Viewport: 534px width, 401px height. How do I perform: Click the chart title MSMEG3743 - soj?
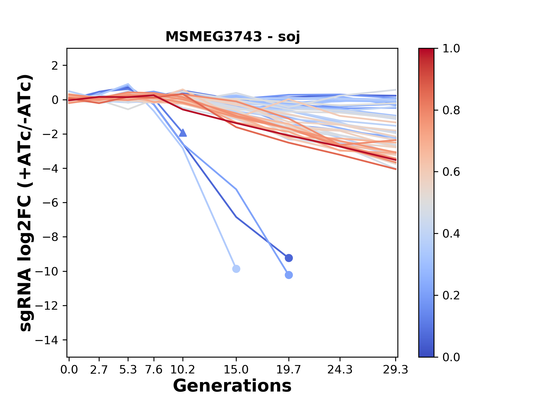(233, 37)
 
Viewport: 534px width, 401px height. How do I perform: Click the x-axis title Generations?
(232, 386)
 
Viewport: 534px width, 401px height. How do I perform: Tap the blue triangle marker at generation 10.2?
(183, 133)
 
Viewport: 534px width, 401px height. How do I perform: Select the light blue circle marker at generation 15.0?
(236, 269)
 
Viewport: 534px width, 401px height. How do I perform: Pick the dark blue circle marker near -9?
(289, 258)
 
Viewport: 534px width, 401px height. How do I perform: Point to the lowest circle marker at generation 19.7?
(289, 275)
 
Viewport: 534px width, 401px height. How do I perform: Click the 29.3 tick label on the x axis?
(396, 370)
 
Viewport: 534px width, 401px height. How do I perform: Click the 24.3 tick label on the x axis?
(340, 370)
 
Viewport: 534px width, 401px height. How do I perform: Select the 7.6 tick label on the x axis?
(154, 370)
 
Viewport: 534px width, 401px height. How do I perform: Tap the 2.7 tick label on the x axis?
(99, 370)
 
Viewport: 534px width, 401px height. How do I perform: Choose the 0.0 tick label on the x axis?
(69, 370)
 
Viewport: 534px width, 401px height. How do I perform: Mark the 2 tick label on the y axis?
(55, 66)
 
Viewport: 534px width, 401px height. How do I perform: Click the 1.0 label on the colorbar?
(451, 49)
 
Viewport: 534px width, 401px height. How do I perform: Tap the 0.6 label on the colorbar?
(451, 172)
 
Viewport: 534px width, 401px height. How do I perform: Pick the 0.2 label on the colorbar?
(451, 295)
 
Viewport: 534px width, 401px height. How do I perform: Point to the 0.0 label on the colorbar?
(451, 357)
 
